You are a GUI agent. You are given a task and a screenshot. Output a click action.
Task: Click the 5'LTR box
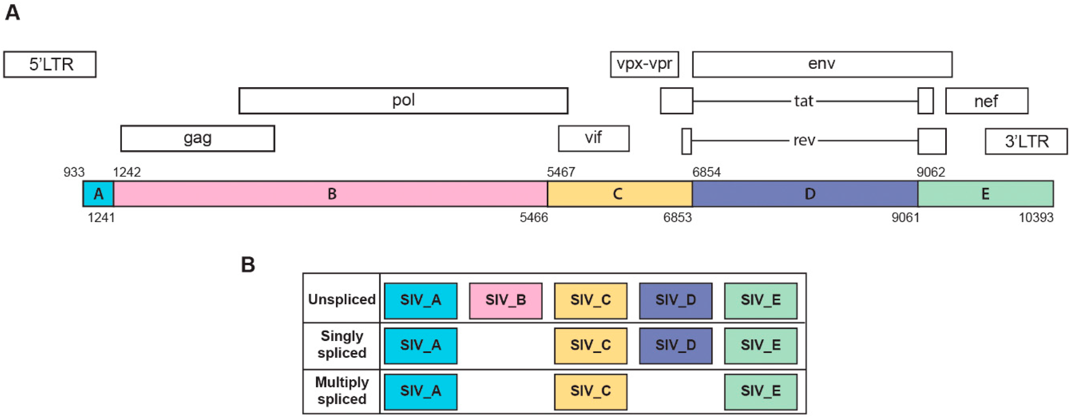(x=50, y=64)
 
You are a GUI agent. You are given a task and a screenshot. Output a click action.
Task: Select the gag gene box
(x=198, y=138)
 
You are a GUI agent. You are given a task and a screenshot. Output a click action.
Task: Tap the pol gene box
(x=403, y=100)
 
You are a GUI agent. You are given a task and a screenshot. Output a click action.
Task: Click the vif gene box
(x=593, y=138)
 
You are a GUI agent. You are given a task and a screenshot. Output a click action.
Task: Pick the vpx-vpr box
(x=644, y=64)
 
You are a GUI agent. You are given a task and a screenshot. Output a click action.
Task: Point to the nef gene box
(x=987, y=101)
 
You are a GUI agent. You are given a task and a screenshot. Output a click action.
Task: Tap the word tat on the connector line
(x=803, y=101)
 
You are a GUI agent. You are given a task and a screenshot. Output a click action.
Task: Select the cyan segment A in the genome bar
(x=99, y=194)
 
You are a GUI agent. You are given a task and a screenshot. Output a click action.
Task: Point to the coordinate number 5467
(x=561, y=172)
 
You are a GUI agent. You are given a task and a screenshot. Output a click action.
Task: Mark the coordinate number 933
(x=74, y=172)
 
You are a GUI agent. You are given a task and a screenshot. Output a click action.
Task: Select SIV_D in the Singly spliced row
(x=675, y=345)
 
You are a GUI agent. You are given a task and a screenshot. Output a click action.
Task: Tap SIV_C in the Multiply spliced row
(x=590, y=391)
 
